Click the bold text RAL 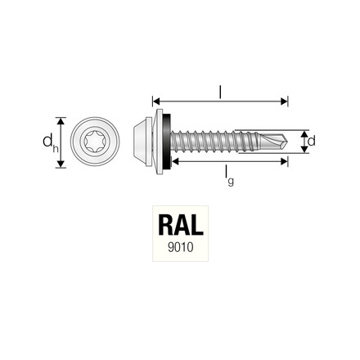click(178, 227)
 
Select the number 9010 click(178, 248)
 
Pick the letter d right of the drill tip click(312, 141)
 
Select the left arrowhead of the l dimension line click(155, 101)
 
